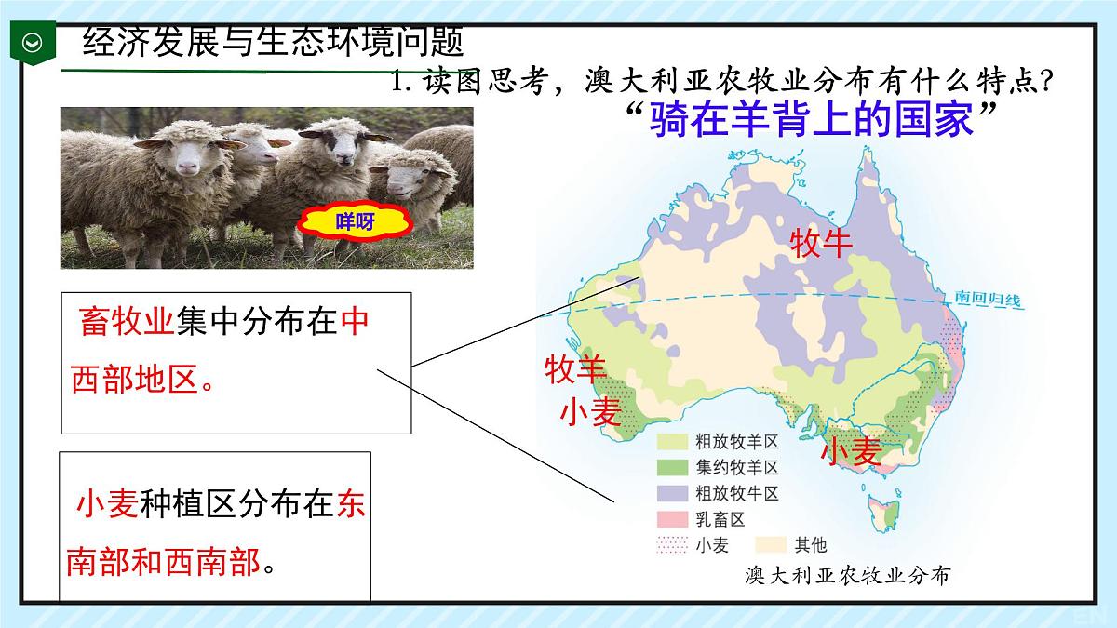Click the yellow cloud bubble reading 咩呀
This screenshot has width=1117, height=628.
coord(355,222)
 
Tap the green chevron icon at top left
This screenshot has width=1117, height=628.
coord(33,43)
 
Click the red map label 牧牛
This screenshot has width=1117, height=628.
coord(821,244)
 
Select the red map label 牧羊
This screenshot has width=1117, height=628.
coord(575,369)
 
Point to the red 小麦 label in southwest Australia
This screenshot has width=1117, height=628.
coord(590,411)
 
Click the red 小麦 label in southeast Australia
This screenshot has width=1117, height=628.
coord(851,451)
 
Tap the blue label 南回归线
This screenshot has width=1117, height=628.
coord(988,300)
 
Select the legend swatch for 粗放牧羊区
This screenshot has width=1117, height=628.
coord(672,441)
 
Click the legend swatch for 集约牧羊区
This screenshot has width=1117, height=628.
coord(672,467)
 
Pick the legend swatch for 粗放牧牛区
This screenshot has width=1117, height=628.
coord(672,493)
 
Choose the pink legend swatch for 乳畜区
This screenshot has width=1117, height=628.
coord(672,519)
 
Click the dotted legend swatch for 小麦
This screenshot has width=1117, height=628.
coord(672,544)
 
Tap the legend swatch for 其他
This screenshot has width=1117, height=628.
coord(770,544)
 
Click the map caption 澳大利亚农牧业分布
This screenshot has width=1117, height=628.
coord(848,576)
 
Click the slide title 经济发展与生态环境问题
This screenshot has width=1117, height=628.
coord(273,42)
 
